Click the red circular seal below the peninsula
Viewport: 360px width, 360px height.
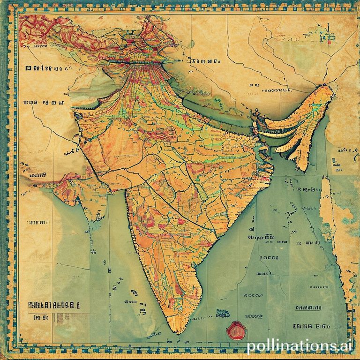[236, 330]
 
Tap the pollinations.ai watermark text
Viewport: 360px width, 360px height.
[300, 347]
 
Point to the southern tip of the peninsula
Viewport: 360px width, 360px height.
[175, 330]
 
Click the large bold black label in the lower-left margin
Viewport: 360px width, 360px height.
[51, 305]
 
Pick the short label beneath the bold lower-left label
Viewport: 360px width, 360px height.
[41, 318]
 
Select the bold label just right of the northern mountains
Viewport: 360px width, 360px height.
[205, 61]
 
